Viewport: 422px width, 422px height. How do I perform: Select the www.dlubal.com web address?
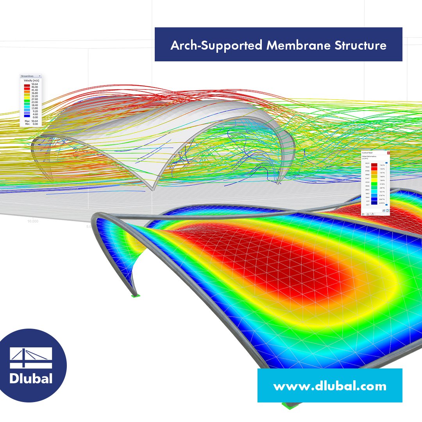[x=330, y=386]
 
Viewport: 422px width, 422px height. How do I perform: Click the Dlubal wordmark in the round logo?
[x=31, y=379]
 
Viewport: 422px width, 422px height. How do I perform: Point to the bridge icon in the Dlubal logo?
[x=31, y=357]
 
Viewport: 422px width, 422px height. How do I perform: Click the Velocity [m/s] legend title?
[x=30, y=80]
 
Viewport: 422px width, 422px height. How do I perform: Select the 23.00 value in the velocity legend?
[x=35, y=102]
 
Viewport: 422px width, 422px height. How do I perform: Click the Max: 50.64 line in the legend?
[x=30, y=121]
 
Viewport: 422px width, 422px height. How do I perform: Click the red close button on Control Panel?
[x=388, y=153]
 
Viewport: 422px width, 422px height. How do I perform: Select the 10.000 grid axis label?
[x=33, y=221]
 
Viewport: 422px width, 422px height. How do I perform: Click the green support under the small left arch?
[x=136, y=294]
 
